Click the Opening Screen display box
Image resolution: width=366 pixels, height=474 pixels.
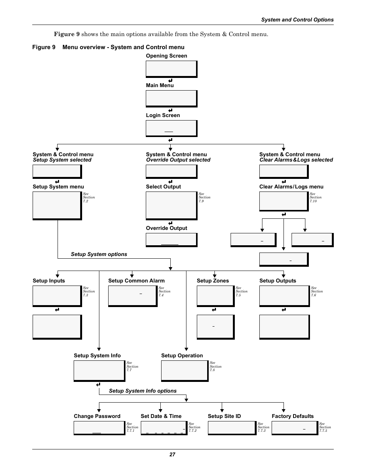[x=171, y=69]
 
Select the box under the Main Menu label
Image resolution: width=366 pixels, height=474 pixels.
[x=171, y=99]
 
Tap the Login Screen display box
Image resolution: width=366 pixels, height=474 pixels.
[x=171, y=129]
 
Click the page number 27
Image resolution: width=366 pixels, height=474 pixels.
[x=172, y=454]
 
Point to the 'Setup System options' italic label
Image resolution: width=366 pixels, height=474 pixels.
[x=99, y=254]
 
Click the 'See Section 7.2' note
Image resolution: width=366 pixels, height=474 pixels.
[x=89, y=197]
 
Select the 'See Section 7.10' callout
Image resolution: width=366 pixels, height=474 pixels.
[x=315, y=197]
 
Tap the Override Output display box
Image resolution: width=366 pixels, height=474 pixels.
[x=171, y=240]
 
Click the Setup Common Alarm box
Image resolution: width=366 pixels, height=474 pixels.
[x=133, y=296]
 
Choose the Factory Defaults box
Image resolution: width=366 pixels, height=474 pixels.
[x=295, y=428]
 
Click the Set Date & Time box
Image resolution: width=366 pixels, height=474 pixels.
[x=164, y=428]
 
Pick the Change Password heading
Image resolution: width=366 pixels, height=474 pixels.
[x=97, y=416]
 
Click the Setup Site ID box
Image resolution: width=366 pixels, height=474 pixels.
[x=232, y=428]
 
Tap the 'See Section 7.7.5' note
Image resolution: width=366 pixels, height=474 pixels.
[x=325, y=427]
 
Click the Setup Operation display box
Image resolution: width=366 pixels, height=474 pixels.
[x=185, y=371]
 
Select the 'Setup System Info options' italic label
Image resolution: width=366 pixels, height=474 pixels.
[x=143, y=391]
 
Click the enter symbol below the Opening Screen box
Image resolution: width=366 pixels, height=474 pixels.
[x=170, y=81]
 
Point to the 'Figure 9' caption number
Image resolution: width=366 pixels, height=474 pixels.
[x=44, y=47]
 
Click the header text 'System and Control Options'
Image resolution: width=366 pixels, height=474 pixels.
[x=297, y=20]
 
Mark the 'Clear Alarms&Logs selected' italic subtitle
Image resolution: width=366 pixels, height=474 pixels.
[x=296, y=160]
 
